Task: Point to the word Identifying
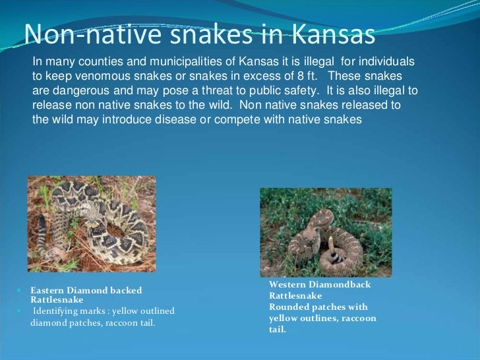tap(57, 311)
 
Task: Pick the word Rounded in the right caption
tap(289, 307)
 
